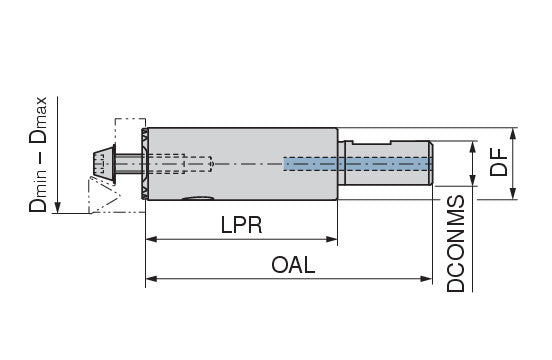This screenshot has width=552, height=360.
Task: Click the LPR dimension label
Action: tap(242, 225)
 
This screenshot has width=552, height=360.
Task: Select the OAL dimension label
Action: tap(293, 265)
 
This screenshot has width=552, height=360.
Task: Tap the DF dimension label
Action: tap(499, 162)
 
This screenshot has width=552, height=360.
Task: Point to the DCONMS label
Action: tap(456, 244)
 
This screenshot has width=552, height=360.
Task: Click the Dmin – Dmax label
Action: tap(38, 154)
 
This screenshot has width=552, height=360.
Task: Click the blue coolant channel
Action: tap(358, 164)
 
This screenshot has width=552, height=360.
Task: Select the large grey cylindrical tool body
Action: tap(242, 164)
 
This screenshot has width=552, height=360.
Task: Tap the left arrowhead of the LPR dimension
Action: tap(151, 239)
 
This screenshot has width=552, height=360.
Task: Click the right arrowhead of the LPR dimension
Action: tap(332, 239)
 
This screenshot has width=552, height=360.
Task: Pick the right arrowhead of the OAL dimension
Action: tap(426, 279)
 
